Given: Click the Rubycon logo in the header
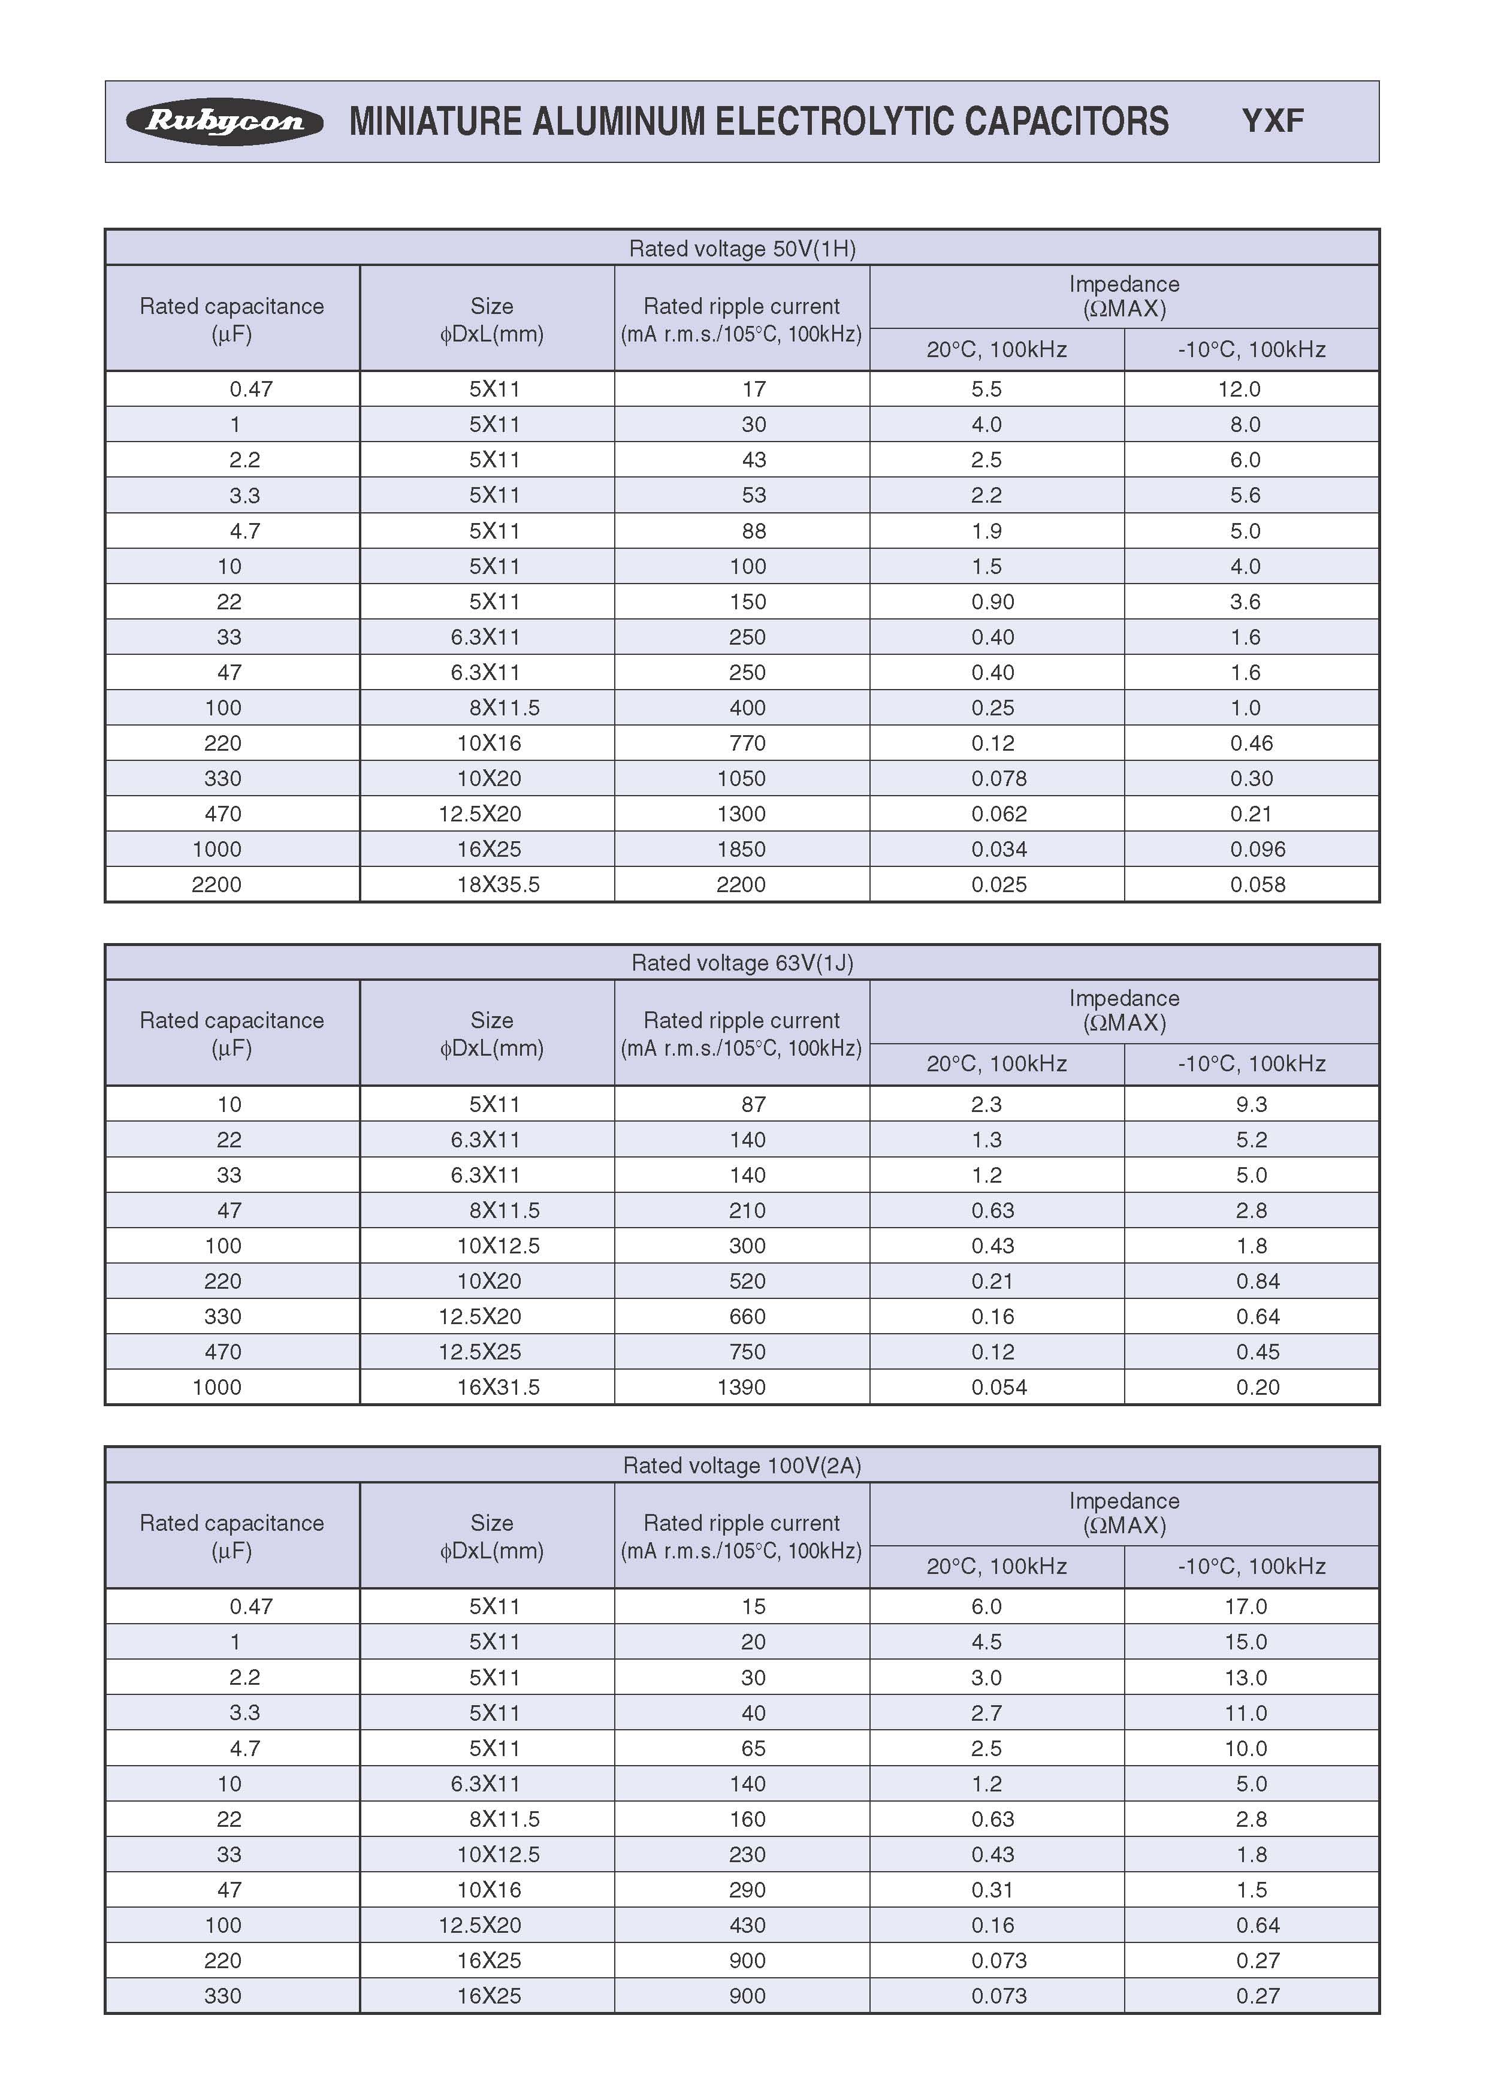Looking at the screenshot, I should tap(224, 122).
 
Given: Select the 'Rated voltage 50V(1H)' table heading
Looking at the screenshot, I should tap(742, 249).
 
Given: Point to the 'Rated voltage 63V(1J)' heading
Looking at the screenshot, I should tap(742, 963).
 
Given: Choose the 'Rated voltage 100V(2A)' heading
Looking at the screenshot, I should tap(742, 1466).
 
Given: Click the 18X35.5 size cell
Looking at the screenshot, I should tap(498, 885).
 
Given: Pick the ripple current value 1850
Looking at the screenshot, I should tap(741, 849).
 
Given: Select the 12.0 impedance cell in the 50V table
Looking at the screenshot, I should tap(1239, 389).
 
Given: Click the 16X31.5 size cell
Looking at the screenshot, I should tap(498, 1387).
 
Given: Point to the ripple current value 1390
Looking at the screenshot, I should tap(741, 1387).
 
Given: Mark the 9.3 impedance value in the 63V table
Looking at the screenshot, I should tap(1251, 1104).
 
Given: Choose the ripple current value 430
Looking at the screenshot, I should tap(748, 1925).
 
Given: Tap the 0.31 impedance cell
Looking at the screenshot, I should tap(993, 1890).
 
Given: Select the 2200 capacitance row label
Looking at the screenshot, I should tap(217, 885).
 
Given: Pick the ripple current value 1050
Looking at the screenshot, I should tap(741, 779).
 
